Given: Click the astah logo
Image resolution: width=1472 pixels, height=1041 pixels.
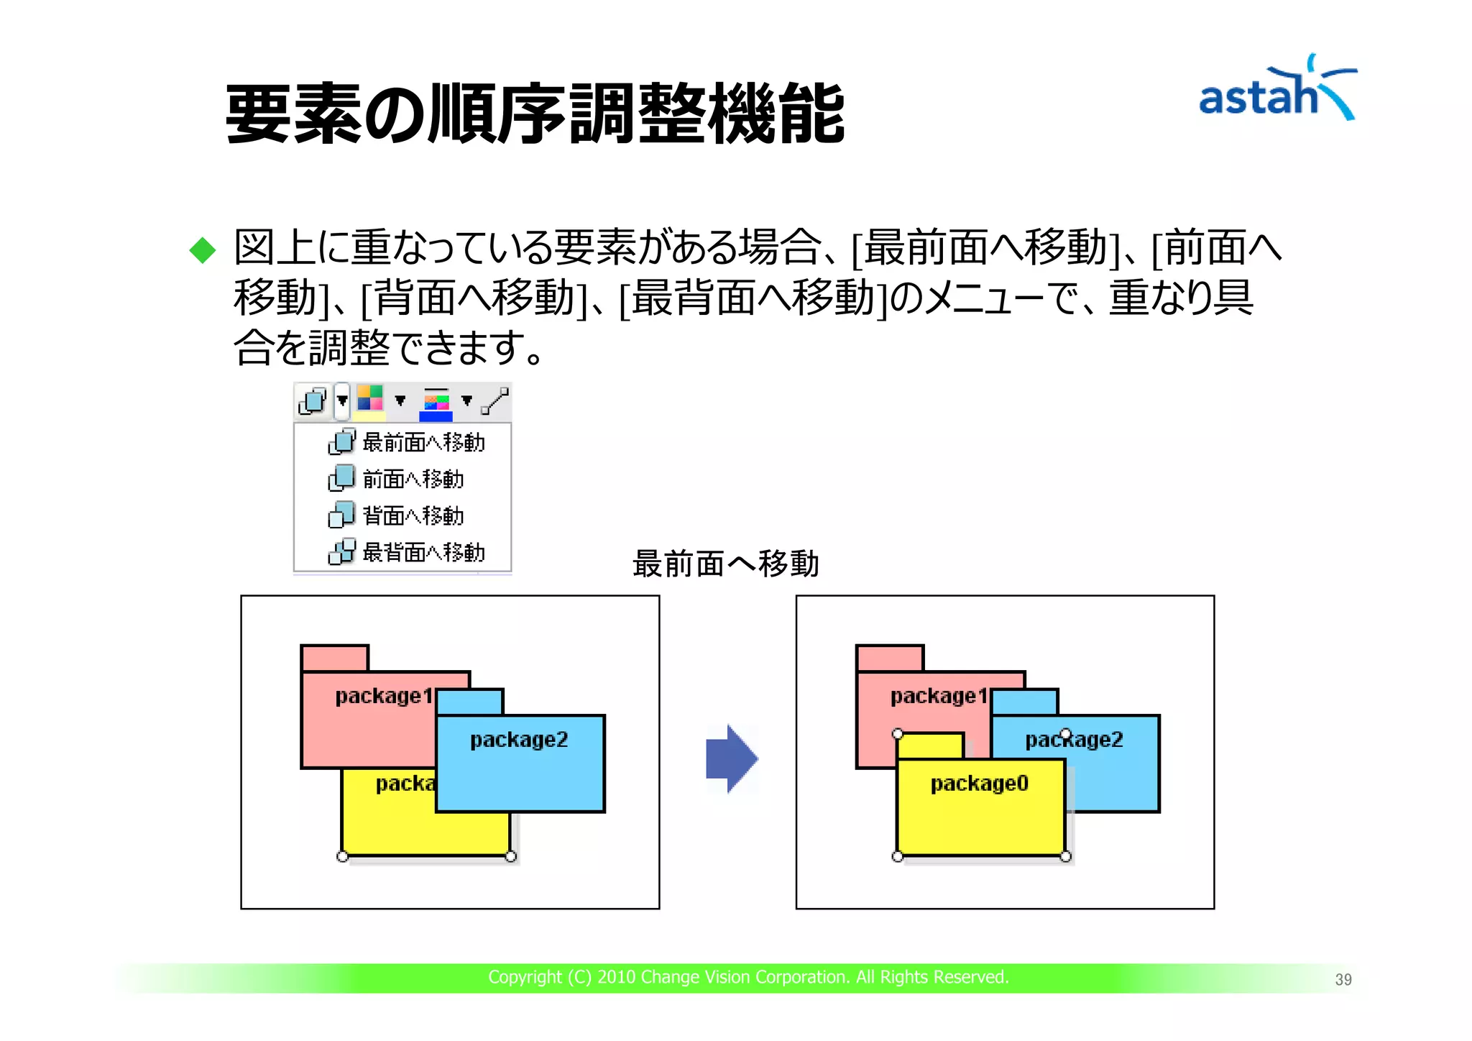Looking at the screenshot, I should [x=1276, y=92].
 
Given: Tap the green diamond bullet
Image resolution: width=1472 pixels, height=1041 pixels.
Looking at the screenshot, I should [x=203, y=250].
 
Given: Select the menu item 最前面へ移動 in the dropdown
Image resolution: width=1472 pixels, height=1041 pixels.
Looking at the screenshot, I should [x=423, y=442].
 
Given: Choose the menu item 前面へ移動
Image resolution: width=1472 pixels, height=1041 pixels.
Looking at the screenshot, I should [x=412, y=479].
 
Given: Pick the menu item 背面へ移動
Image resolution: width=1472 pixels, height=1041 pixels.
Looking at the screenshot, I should [x=412, y=515].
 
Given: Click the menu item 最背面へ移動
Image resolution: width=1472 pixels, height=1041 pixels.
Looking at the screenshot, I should [x=423, y=552].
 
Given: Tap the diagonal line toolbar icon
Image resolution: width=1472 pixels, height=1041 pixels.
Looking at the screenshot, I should [x=494, y=400].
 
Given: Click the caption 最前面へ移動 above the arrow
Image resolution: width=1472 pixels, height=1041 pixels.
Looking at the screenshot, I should [x=725, y=563].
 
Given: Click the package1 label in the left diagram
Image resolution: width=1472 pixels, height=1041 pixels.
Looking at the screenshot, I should [x=384, y=696].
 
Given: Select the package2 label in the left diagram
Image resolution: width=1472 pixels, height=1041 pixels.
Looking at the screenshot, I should [x=519, y=740].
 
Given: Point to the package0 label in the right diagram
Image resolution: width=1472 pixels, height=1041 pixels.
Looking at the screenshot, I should [x=979, y=784].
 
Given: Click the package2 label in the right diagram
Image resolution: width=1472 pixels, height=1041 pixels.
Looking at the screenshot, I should [x=1074, y=740].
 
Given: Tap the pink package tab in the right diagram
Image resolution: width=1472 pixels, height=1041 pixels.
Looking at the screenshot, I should [x=890, y=658].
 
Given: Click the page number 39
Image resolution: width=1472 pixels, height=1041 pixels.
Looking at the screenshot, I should [x=1343, y=979].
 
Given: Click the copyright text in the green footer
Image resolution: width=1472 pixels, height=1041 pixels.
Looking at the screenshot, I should [x=748, y=977].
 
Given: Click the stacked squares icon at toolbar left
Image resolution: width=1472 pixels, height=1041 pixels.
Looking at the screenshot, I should [x=313, y=400].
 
